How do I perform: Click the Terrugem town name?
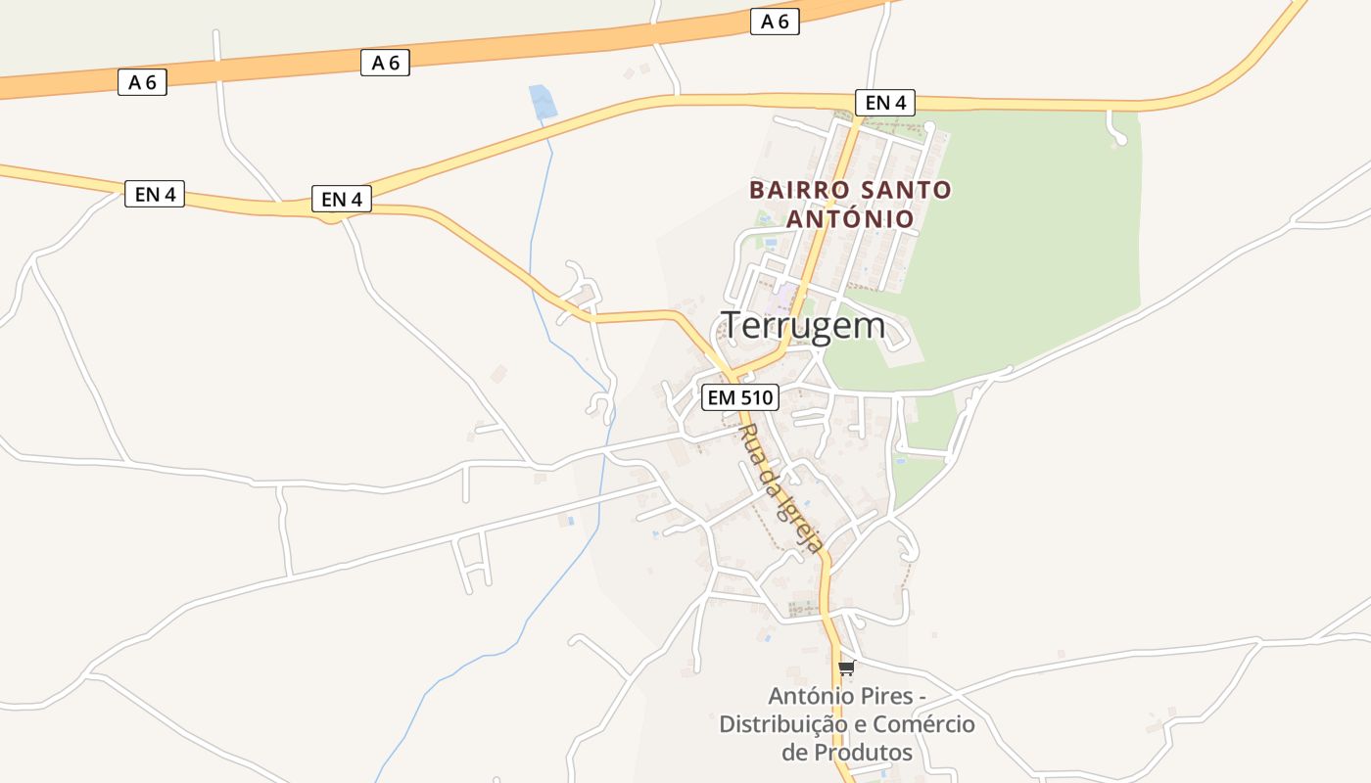tap(803, 326)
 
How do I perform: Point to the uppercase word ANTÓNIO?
tap(850, 219)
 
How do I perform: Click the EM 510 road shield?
tap(740, 397)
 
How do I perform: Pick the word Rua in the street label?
tap(751, 445)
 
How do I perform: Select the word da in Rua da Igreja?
tap(771, 480)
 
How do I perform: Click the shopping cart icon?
tap(846, 668)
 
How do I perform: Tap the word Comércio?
tap(923, 724)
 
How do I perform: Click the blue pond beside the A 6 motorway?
tap(542, 103)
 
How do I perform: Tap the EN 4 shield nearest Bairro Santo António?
tap(884, 103)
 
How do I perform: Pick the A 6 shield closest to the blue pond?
tap(386, 63)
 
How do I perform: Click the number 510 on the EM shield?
tap(756, 397)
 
